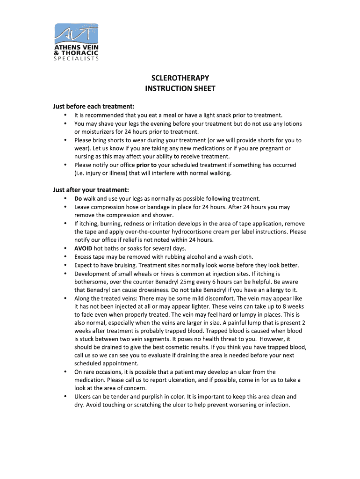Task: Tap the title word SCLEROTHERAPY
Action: tap(180, 78)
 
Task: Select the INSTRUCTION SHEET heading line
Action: tap(180, 88)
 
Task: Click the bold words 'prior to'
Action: tap(146, 165)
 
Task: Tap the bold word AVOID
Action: tap(83, 248)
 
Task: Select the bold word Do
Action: tap(78, 198)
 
